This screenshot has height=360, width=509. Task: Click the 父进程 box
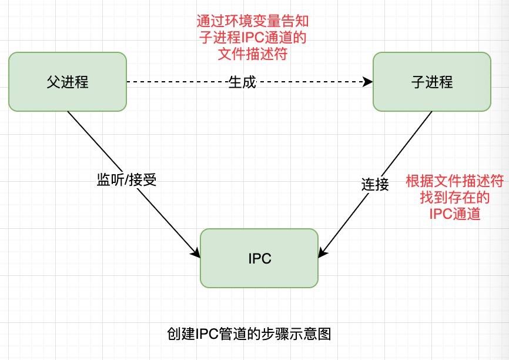(x=68, y=81)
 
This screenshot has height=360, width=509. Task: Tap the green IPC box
(x=259, y=258)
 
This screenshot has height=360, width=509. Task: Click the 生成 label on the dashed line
(x=242, y=82)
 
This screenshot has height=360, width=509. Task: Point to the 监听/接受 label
(x=126, y=180)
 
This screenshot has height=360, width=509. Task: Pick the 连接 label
(x=374, y=184)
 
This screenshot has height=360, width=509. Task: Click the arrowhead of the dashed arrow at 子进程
(x=369, y=82)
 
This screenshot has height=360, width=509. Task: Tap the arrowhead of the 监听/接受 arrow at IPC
(x=196, y=253)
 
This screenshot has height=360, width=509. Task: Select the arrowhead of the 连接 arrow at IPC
(x=323, y=254)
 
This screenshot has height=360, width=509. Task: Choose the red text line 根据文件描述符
(x=455, y=181)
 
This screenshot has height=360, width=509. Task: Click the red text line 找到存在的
(x=455, y=197)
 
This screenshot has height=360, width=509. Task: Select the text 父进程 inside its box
(x=68, y=82)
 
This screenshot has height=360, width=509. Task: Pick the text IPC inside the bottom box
(x=259, y=259)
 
